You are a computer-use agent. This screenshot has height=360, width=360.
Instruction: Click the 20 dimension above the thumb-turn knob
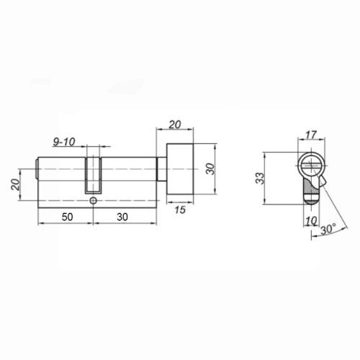(176, 125)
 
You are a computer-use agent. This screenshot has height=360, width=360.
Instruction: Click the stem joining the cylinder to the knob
(161, 171)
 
